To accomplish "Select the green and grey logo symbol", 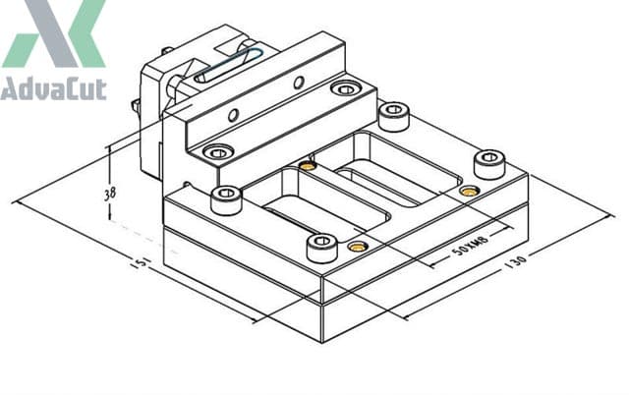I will point(54,34).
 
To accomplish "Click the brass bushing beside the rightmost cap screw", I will point(469,190).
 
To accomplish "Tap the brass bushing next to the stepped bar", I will point(308,165).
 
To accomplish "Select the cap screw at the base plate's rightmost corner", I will point(488,163).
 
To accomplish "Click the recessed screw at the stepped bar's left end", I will point(217,153).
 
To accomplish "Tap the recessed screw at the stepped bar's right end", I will point(345,89).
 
